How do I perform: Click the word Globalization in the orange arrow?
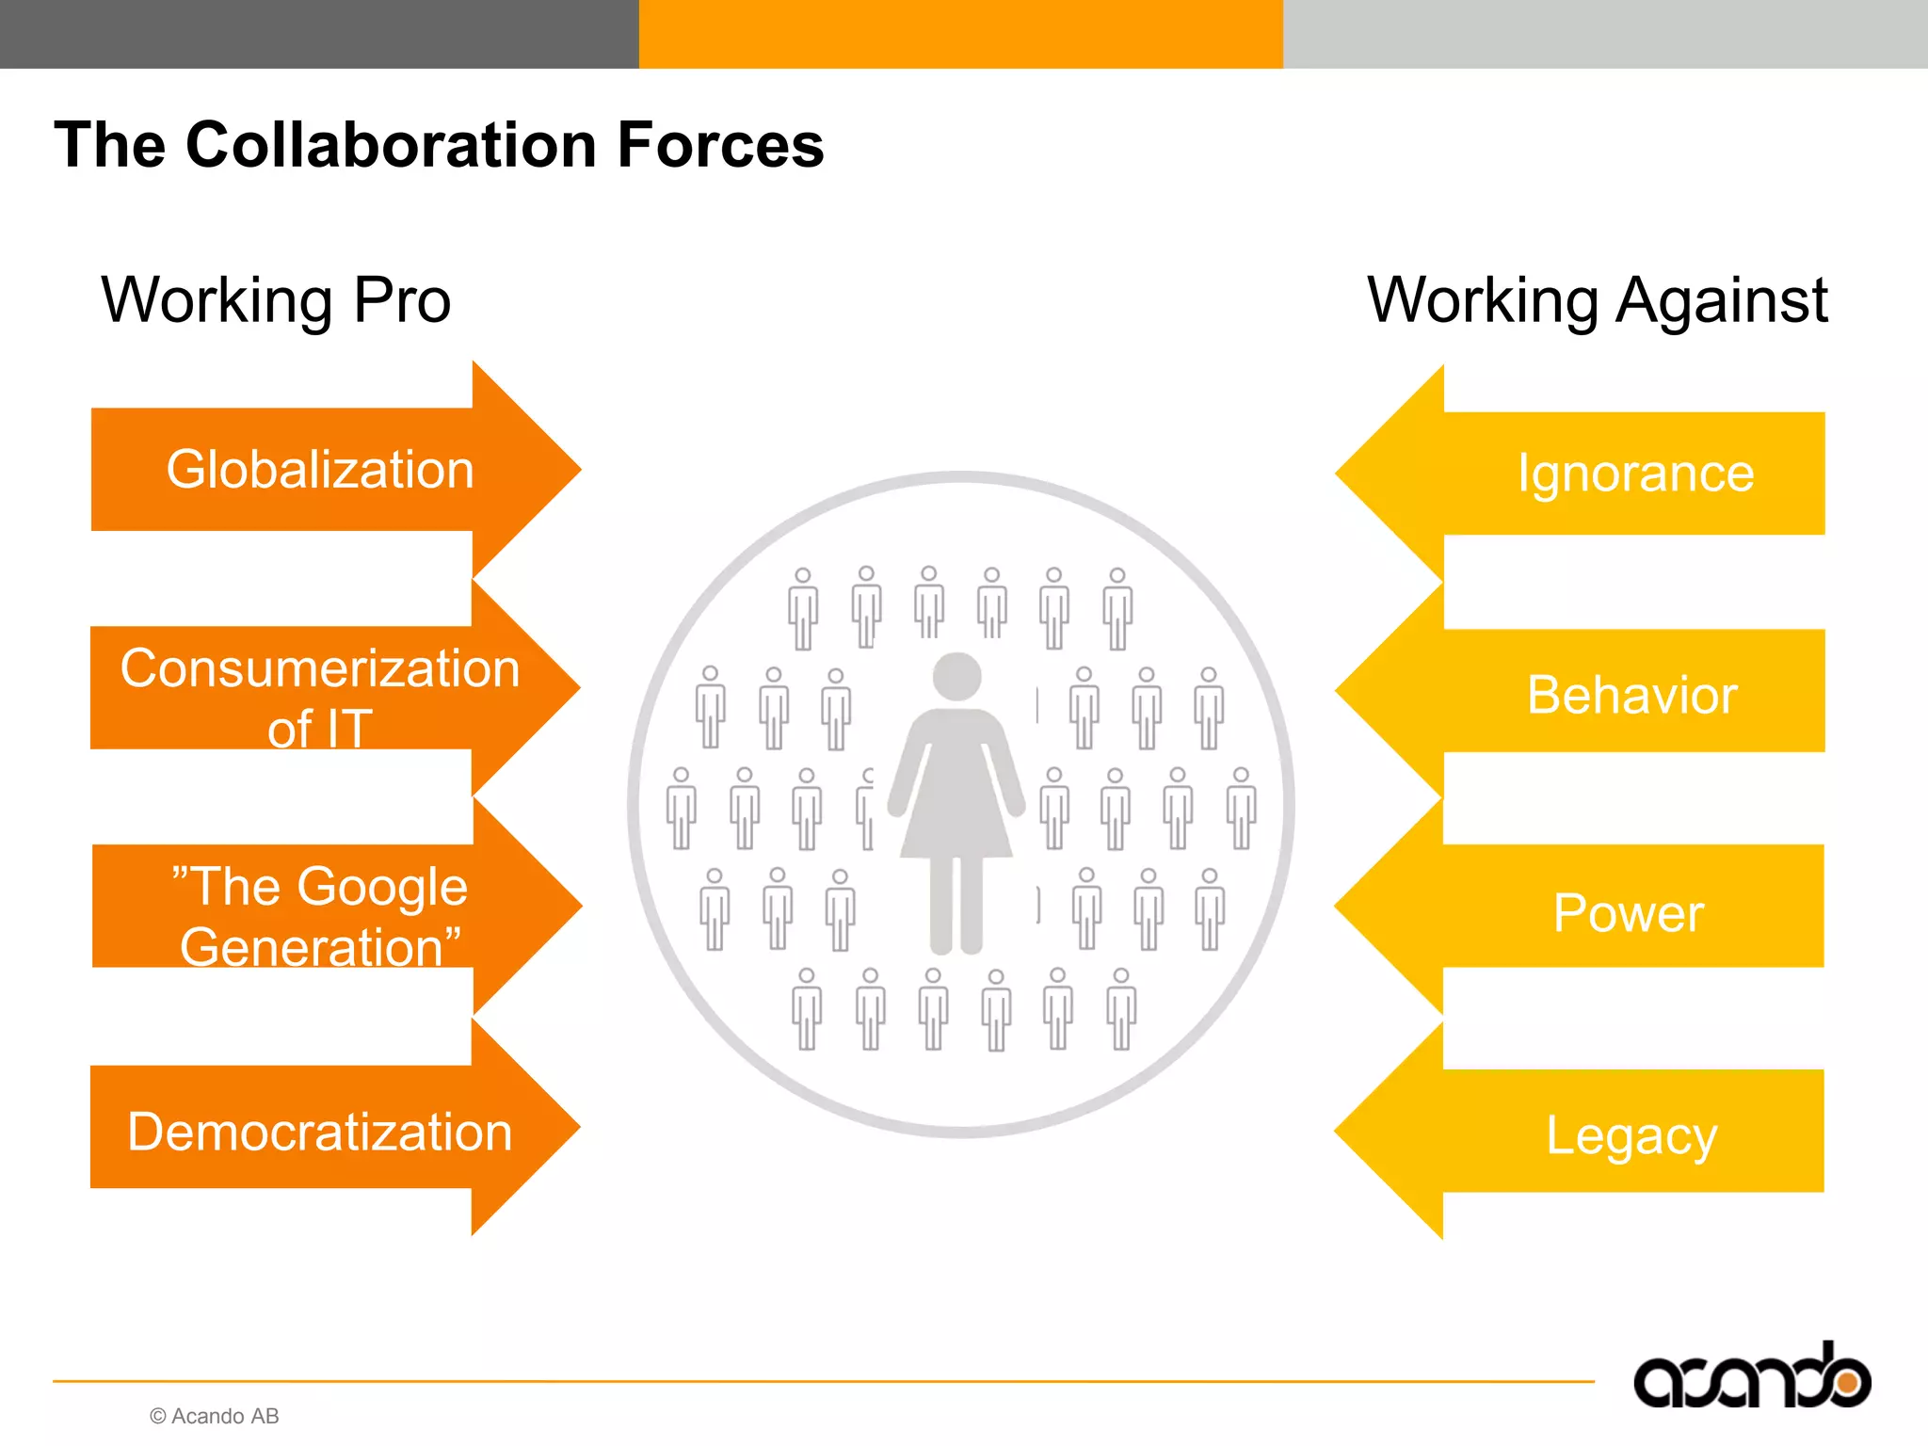pyautogui.click(x=320, y=470)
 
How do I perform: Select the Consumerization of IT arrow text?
pyautogui.click(x=320, y=698)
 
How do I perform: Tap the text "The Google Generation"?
pyautogui.click(x=320, y=915)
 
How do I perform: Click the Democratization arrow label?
pyautogui.click(x=320, y=1132)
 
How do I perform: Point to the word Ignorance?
pyautogui.click(x=1635, y=474)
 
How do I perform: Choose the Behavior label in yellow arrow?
pyautogui.click(x=1631, y=695)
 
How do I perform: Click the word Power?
pyautogui.click(x=1628, y=912)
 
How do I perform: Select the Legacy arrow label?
pyautogui.click(x=1631, y=1135)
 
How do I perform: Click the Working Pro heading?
pyautogui.click(x=276, y=300)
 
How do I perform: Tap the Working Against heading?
pyautogui.click(x=1597, y=300)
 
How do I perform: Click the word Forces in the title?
pyautogui.click(x=720, y=145)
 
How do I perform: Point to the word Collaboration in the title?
pyautogui.click(x=392, y=145)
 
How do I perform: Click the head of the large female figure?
pyautogui.click(x=956, y=677)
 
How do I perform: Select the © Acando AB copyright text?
pyautogui.click(x=214, y=1416)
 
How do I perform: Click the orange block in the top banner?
pyautogui.click(x=960, y=34)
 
